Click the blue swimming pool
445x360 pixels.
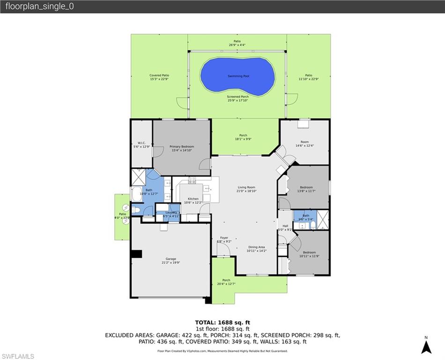(237, 76)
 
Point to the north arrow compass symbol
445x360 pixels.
(426, 347)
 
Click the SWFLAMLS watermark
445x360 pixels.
(18, 357)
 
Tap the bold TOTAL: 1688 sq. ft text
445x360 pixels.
(222, 322)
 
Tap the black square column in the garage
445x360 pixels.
(136, 254)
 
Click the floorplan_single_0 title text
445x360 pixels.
(39, 7)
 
